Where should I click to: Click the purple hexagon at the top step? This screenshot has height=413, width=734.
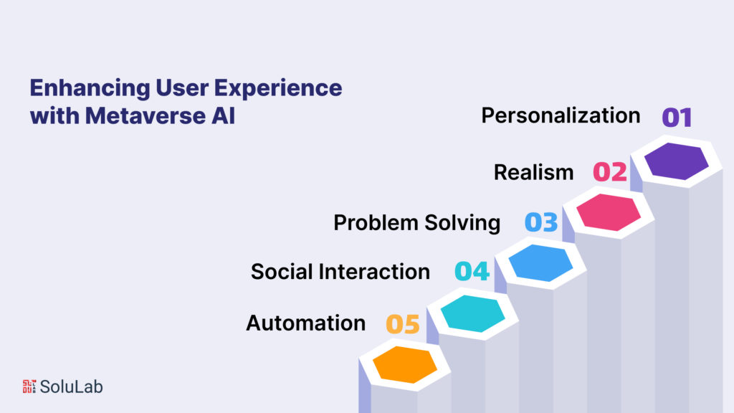click(676, 161)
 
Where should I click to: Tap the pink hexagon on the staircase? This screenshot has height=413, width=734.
click(608, 212)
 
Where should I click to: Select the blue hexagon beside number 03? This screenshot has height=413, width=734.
click(540, 263)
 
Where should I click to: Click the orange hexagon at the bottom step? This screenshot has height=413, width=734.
click(404, 364)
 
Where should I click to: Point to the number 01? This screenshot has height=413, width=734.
click(677, 117)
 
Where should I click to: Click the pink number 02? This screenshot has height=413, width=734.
click(610, 172)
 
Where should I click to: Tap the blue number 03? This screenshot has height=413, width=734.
click(541, 222)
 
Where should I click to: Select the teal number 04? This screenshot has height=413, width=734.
click(472, 271)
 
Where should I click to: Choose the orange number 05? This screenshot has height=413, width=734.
click(403, 324)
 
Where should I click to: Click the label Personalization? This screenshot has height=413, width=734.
click(561, 115)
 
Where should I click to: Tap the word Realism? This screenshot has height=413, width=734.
click(533, 172)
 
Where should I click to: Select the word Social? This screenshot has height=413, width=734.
click(282, 272)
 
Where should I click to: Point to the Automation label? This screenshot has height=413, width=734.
click(305, 323)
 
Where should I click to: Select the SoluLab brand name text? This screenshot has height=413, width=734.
click(71, 386)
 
